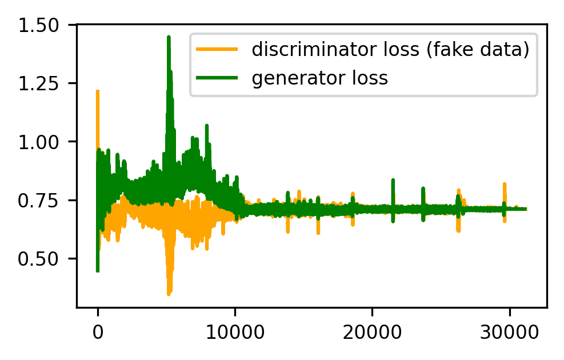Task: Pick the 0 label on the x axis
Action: click(x=98, y=331)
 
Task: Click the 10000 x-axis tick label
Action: click(x=234, y=331)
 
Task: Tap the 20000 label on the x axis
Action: click(x=371, y=331)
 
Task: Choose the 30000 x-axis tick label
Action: click(x=509, y=331)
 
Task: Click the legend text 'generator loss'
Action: click(x=320, y=78)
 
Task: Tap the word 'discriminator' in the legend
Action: click(x=298, y=50)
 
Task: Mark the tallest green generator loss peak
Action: click(x=169, y=37)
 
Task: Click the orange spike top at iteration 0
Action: click(x=98, y=91)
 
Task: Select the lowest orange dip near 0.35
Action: click(x=169, y=294)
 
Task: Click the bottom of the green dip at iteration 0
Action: click(x=98, y=271)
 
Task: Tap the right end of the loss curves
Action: click(x=525, y=209)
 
